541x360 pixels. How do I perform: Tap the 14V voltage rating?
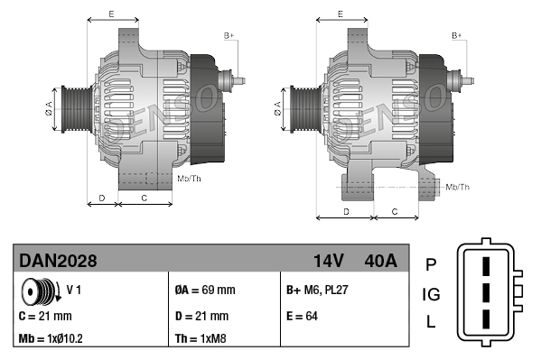329,262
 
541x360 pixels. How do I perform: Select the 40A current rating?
378,262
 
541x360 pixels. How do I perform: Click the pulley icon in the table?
39,292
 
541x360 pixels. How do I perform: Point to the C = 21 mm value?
45,317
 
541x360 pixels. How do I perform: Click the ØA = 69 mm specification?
204,291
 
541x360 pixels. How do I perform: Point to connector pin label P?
430,263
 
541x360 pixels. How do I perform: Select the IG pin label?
431,294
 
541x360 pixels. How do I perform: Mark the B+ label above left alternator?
229,35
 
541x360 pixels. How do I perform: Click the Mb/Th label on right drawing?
458,187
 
